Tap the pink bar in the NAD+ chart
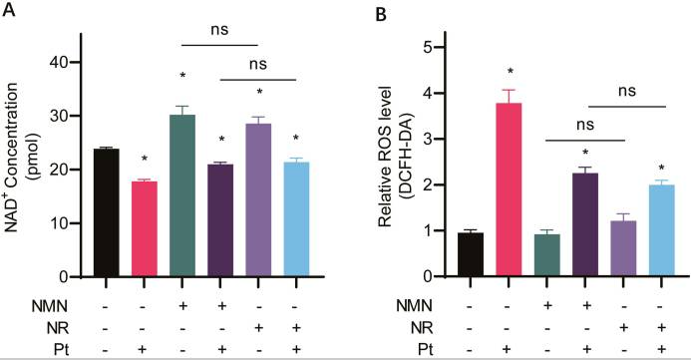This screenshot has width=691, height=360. [145, 228]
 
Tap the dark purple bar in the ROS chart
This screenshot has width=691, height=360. [587, 224]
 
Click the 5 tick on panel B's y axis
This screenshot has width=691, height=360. [425, 47]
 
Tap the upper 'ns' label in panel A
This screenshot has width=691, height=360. [219, 29]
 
